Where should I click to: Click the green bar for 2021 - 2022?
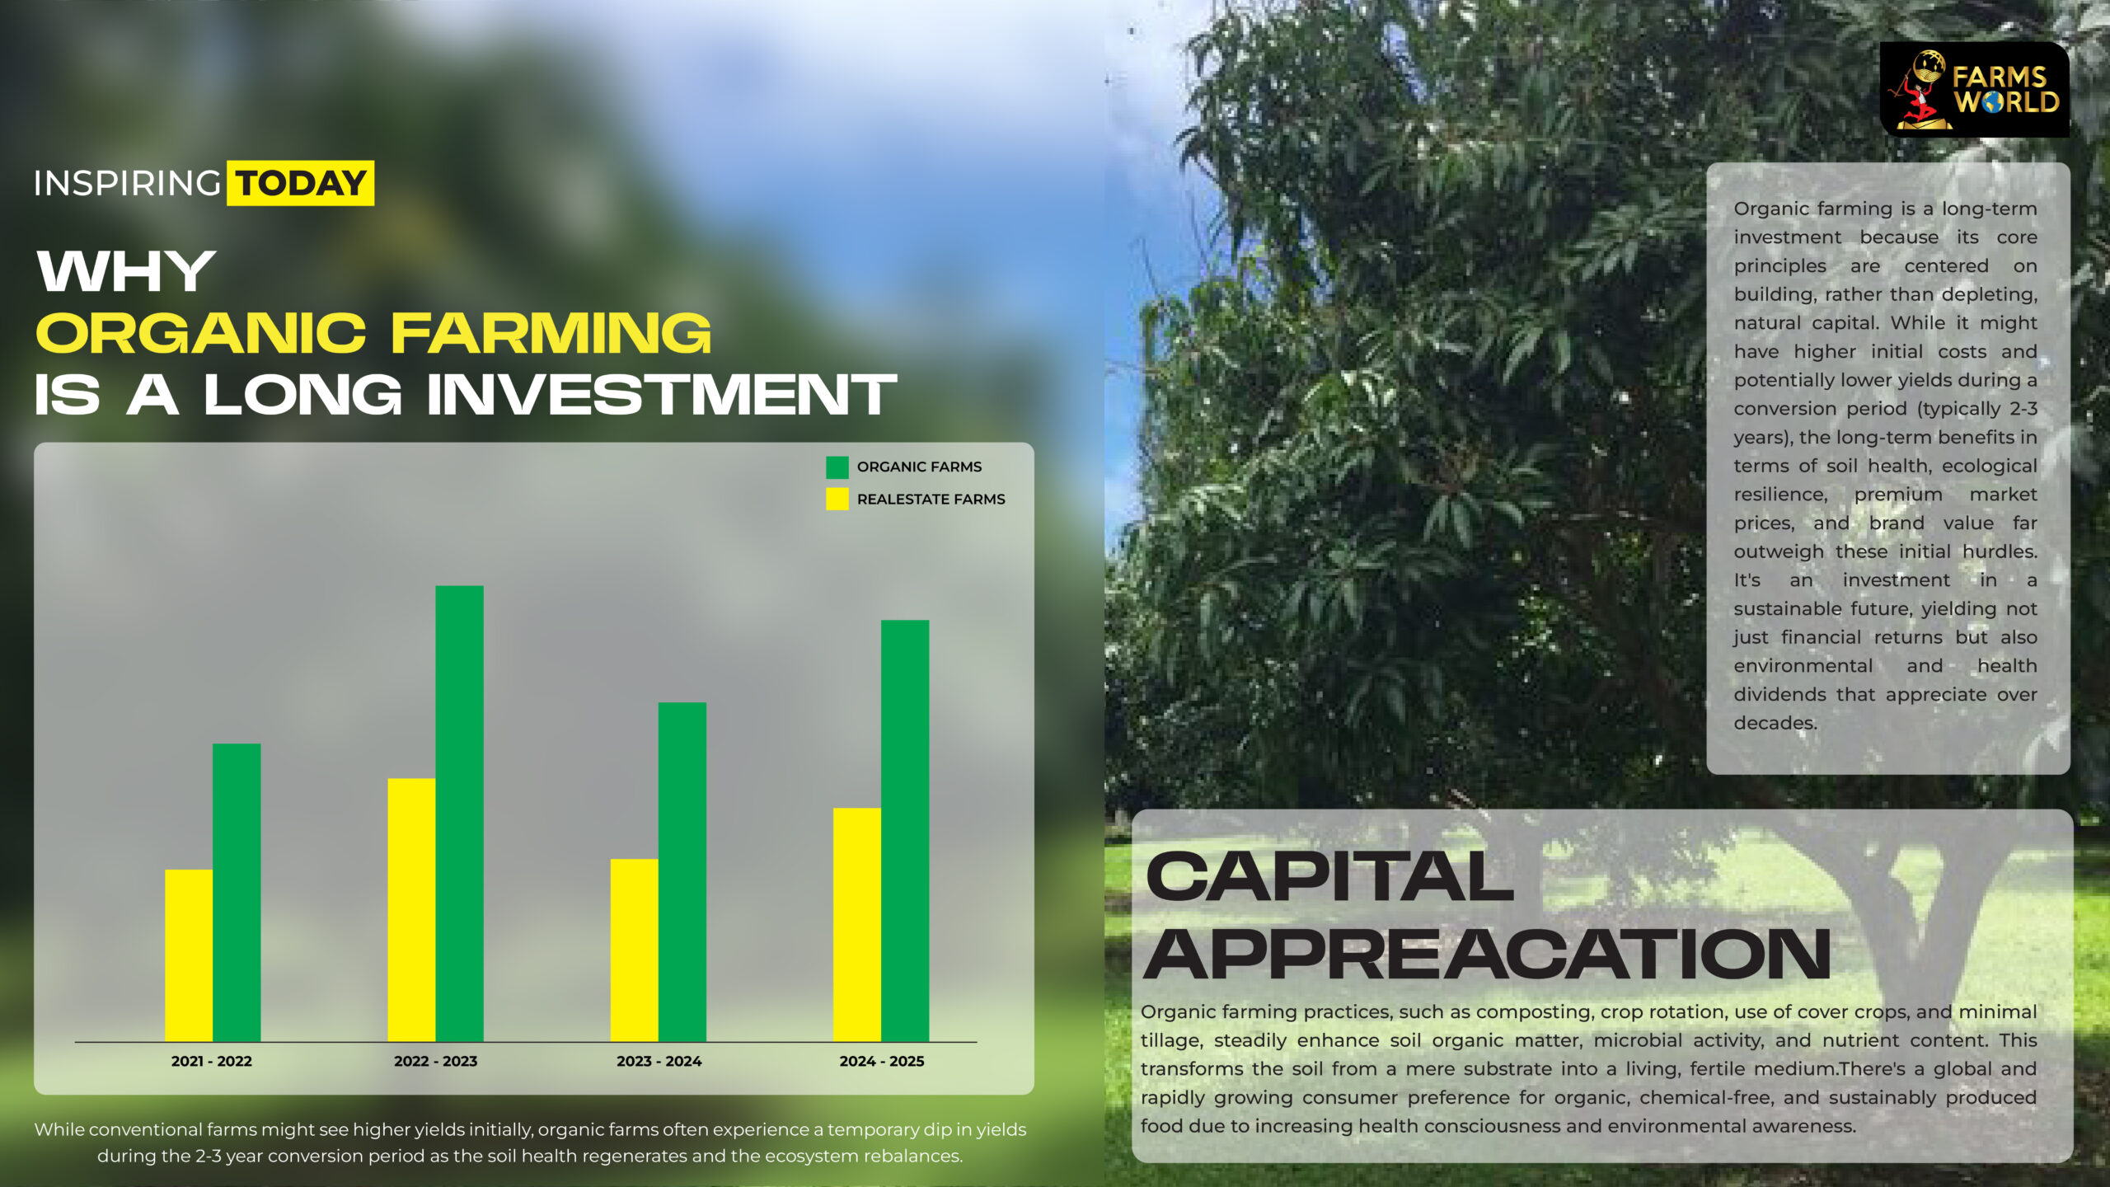tap(237, 893)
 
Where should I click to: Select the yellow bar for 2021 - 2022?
tap(189, 955)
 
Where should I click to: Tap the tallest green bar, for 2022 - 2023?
tap(459, 814)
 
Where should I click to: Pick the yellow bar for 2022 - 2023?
tap(411, 910)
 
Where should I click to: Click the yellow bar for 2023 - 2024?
tap(635, 950)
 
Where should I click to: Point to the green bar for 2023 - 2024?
tap(682, 872)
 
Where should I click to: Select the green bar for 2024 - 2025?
tap(905, 831)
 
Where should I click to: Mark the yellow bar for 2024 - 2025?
tap(857, 925)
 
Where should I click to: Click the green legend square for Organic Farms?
tap(837, 467)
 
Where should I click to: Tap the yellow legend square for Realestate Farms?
tap(837, 499)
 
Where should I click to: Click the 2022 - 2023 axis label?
tap(435, 1062)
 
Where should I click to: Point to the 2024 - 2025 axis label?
tap(882, 1062)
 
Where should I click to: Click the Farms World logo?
tap(1975, 90)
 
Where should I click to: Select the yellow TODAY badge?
tap(301, 183)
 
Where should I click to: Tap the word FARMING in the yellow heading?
tap(551, 333)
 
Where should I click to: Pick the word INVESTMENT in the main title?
tap(662, 395)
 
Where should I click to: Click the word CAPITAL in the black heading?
tap(1329, 876)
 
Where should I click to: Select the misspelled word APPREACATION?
tap(1488, 954)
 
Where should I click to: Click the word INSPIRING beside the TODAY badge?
tap(127, 183)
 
